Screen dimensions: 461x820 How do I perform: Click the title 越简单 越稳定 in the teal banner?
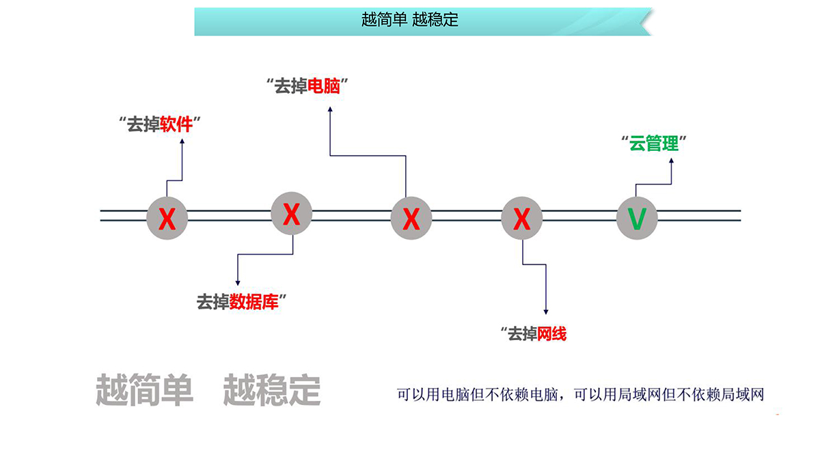[410, 20]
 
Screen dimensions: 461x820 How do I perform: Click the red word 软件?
[176, 124]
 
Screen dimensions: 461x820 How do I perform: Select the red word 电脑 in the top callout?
[324, 86]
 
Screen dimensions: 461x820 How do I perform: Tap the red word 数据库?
[254, 301]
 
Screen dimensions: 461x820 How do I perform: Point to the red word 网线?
[552, 334]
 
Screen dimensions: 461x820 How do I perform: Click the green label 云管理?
[654, 143]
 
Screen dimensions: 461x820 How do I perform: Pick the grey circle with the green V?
[637, 219]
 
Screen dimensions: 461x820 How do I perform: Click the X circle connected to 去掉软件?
[167, 219]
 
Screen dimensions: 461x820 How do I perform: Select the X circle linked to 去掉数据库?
[292, 214]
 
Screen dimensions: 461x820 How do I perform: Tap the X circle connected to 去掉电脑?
[411, 219]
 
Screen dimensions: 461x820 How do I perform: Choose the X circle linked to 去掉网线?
[521, 219]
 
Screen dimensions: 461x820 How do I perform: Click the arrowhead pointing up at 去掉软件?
[182, 141]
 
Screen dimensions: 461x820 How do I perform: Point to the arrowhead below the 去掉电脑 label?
[330, 107]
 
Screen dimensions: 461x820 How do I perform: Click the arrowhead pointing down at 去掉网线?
[545, 313]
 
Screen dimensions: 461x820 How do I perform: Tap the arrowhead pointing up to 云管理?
[671, 161]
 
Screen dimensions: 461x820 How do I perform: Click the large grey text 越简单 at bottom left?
[144, 390]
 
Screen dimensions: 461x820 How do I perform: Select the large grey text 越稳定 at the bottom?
[271, 390]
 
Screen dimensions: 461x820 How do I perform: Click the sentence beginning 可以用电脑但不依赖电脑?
[579, 395]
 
